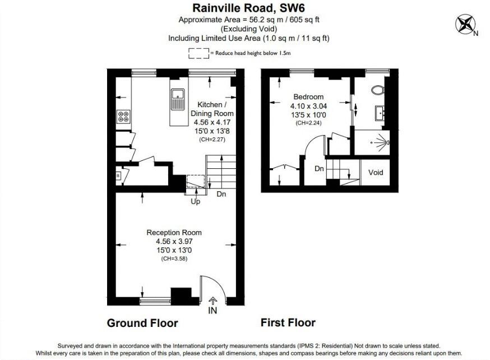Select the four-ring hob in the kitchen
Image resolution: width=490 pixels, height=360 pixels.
pos(123,117)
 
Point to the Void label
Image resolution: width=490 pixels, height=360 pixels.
pos(376,172)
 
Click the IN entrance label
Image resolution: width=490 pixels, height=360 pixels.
pos(212,310)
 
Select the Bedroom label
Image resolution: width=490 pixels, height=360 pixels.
pos(307,96)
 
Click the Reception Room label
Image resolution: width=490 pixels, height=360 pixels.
pos(174,232)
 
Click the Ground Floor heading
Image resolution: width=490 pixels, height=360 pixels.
pos(142,323)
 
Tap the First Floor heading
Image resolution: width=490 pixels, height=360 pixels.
pos(288,322)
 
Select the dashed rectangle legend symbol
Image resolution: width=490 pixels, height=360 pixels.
pos(198,53)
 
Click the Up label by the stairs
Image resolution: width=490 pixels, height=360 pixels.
pos(196,201)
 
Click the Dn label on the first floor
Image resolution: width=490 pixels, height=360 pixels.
pos(319,168)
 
